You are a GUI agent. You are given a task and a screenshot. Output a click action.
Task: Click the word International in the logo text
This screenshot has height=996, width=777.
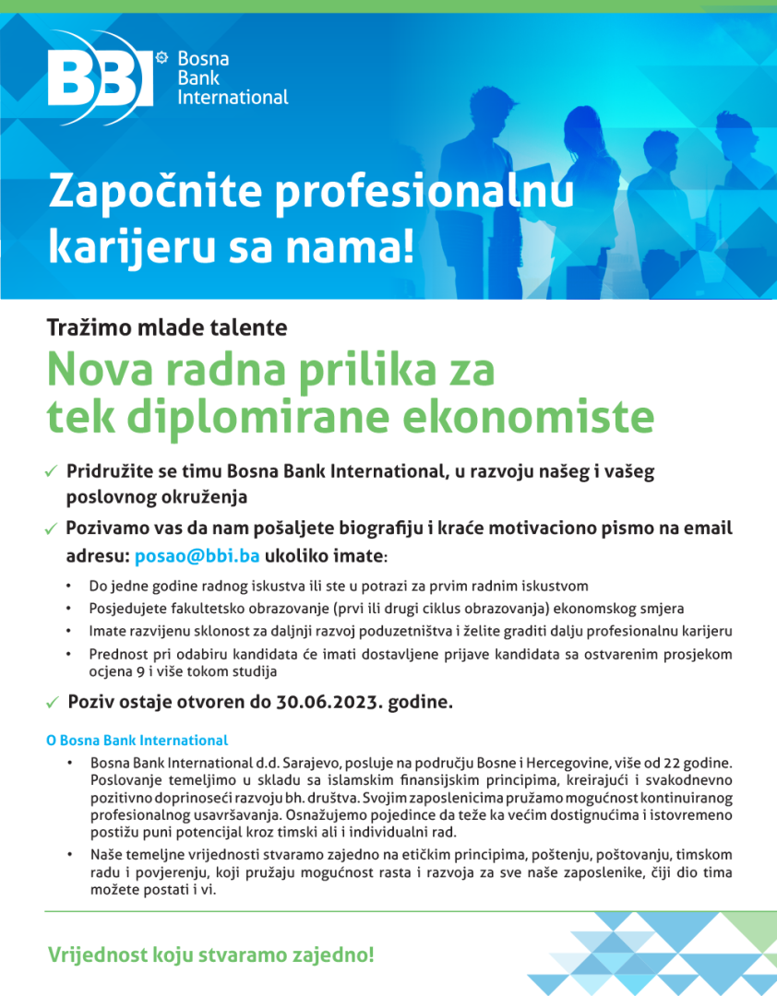coord(233,97)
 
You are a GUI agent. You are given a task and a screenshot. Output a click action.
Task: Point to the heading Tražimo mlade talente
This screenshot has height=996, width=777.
coord(167,326)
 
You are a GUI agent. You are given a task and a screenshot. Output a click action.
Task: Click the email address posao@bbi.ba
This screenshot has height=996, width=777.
coord(197,557)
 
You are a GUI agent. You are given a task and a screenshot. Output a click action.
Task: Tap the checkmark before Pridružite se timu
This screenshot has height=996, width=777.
coord(52,472)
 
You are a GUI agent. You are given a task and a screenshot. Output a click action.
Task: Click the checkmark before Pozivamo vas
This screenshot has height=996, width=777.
coord(52,530)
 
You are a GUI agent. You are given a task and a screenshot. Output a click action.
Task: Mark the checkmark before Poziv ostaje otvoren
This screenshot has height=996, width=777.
coord(53,703)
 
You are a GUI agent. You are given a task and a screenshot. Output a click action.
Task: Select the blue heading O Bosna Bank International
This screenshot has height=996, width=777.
coord(137,740)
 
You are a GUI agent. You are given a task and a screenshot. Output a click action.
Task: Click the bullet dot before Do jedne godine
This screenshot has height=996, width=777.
coord(69,586)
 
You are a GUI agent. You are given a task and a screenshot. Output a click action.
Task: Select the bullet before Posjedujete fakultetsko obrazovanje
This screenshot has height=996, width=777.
coord(69,609)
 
